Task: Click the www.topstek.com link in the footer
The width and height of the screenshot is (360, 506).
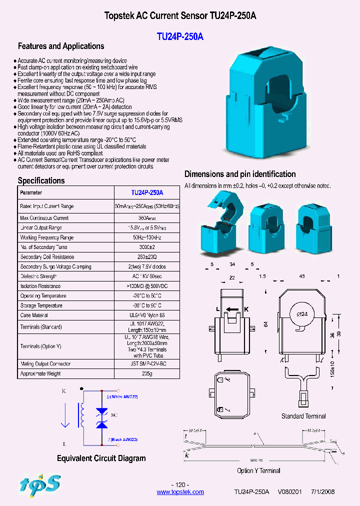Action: tap(180, 492)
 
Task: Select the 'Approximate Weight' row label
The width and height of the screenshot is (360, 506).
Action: tap(40, 373)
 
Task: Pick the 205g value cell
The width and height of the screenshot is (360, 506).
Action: tap(147, 373)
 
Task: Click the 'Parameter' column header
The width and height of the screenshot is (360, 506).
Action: tap(31, 192)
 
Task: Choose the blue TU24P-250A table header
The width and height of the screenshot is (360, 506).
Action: tap(147, 192)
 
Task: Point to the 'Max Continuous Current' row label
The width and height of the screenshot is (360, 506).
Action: tap(44, 218)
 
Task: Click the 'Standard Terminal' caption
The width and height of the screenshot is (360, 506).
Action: tap(303, 416)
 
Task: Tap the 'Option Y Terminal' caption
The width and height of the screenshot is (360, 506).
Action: tap(258, 470)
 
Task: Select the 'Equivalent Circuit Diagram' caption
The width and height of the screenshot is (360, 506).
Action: tap(101, 458)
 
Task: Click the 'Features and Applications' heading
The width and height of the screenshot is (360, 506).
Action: tap(61, 46)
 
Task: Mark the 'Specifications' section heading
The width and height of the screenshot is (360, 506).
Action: tap(41, 180)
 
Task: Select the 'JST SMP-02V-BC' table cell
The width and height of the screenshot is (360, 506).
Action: tap(147, 364)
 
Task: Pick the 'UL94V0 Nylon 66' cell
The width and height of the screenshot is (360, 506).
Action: tap(147, 315)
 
